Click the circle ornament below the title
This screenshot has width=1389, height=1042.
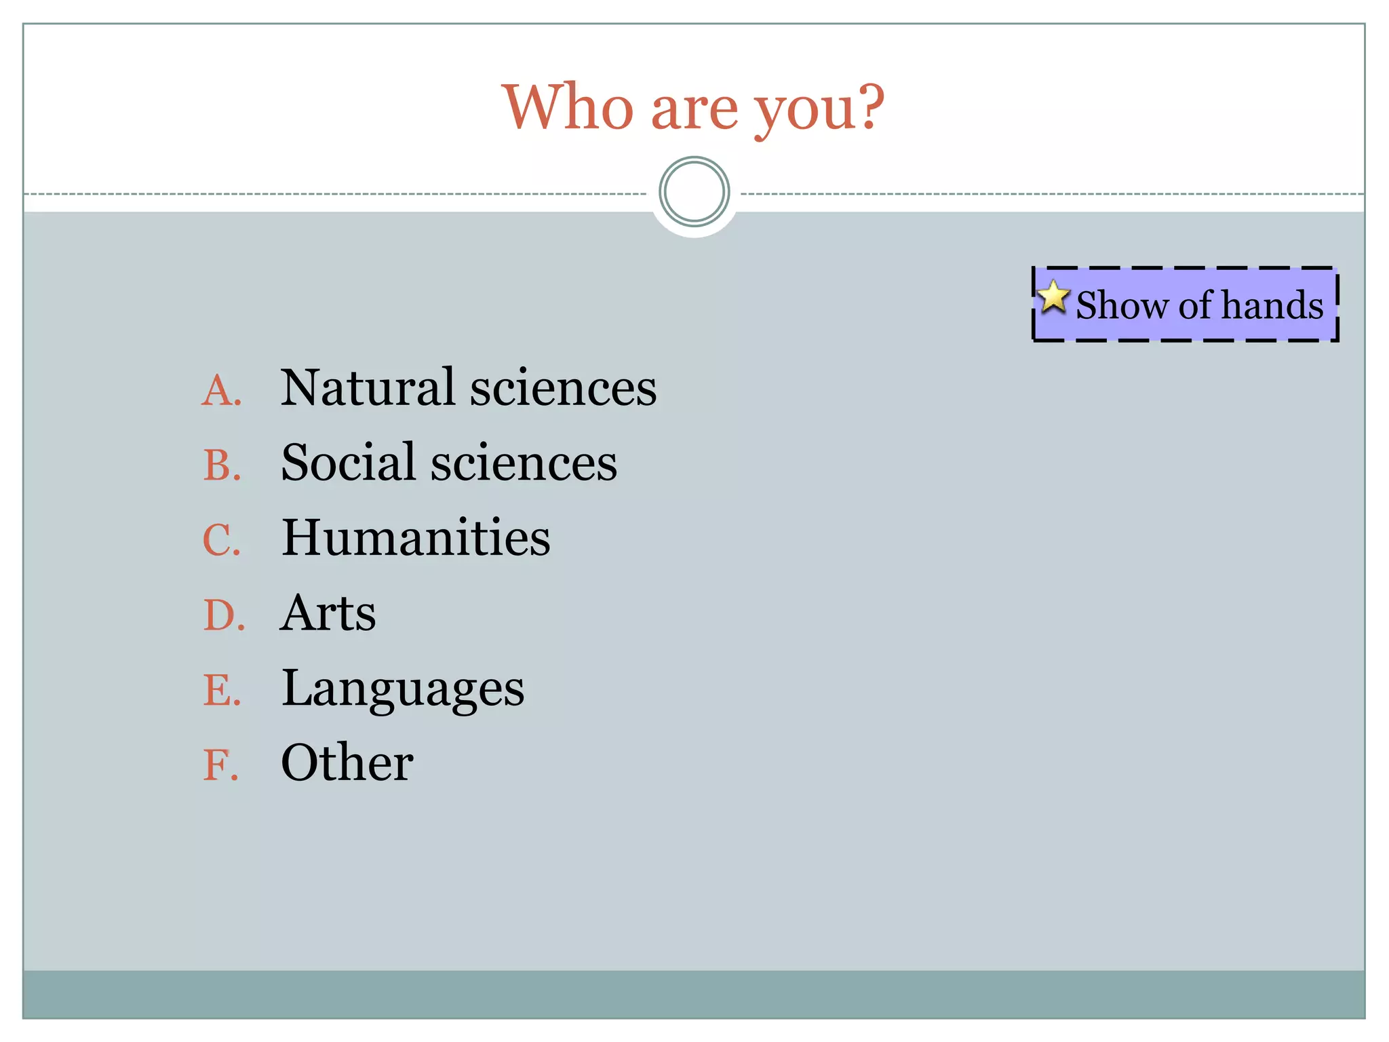pyautogui.click(x=694, y=192)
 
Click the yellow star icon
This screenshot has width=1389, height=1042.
pyautogui.click(x=1053, y=296)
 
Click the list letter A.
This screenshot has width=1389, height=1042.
pyautogui.click(x=221, y=391)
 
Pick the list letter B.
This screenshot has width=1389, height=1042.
pyautogui.click(x=222, y=466)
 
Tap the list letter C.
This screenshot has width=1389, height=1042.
pyautogui.click(x=221, y=541)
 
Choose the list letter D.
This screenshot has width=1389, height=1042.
pyautogui.click(x=223, y=616)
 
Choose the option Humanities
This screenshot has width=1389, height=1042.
pyautogui.click(x=416, y=537)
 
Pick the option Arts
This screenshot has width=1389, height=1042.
pyautogui.click(x=328, y=613)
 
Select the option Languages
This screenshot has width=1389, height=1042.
pyautogui.click(x=403, y=689)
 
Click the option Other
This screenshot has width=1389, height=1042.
pyautogui.click(x=347, y=763)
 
